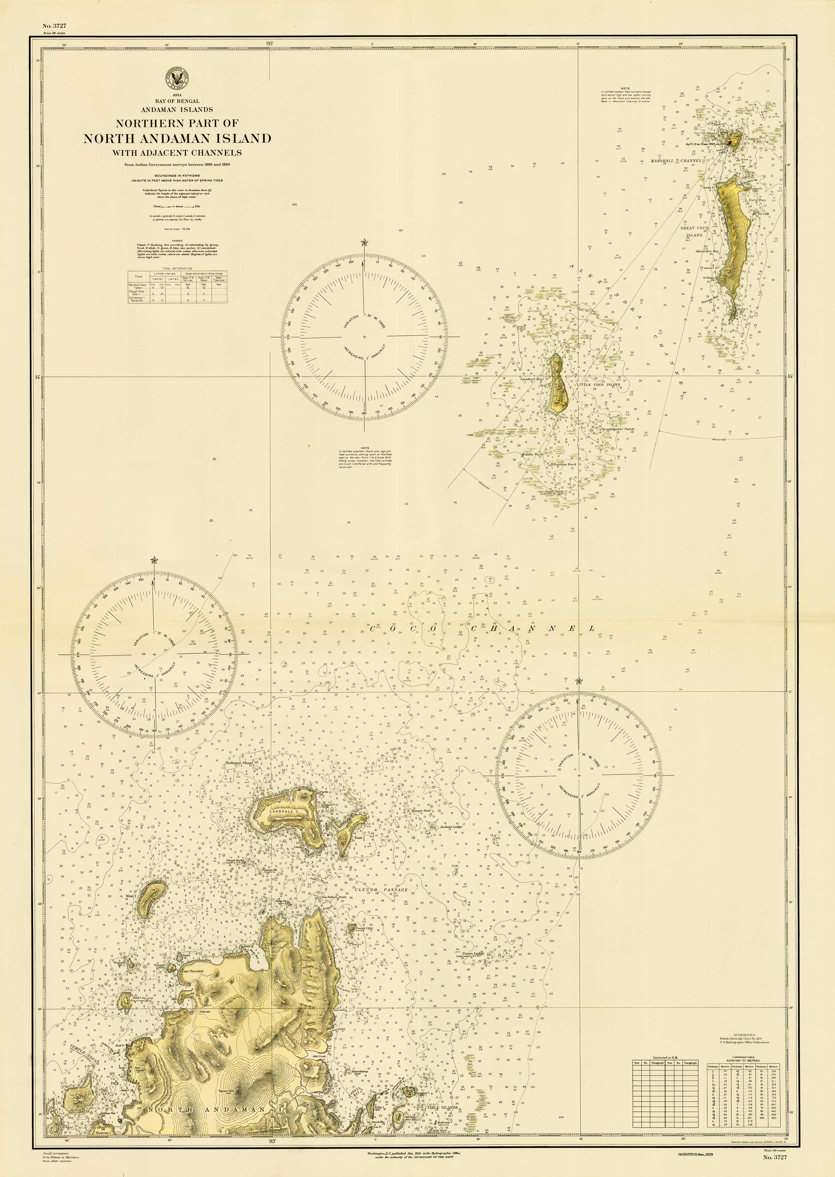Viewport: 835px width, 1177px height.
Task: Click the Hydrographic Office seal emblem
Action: coord(177,79)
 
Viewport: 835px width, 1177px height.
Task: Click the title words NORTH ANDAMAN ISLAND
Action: coord(177,138)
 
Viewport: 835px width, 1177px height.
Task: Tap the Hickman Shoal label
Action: coord(239,763)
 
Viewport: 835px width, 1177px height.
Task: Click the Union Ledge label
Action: coord(473,953)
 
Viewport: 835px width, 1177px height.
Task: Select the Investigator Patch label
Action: coord(617,429)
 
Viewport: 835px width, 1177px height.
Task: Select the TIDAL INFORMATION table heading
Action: coord(175,268)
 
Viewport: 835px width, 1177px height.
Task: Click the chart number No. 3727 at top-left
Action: coord(54,26)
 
